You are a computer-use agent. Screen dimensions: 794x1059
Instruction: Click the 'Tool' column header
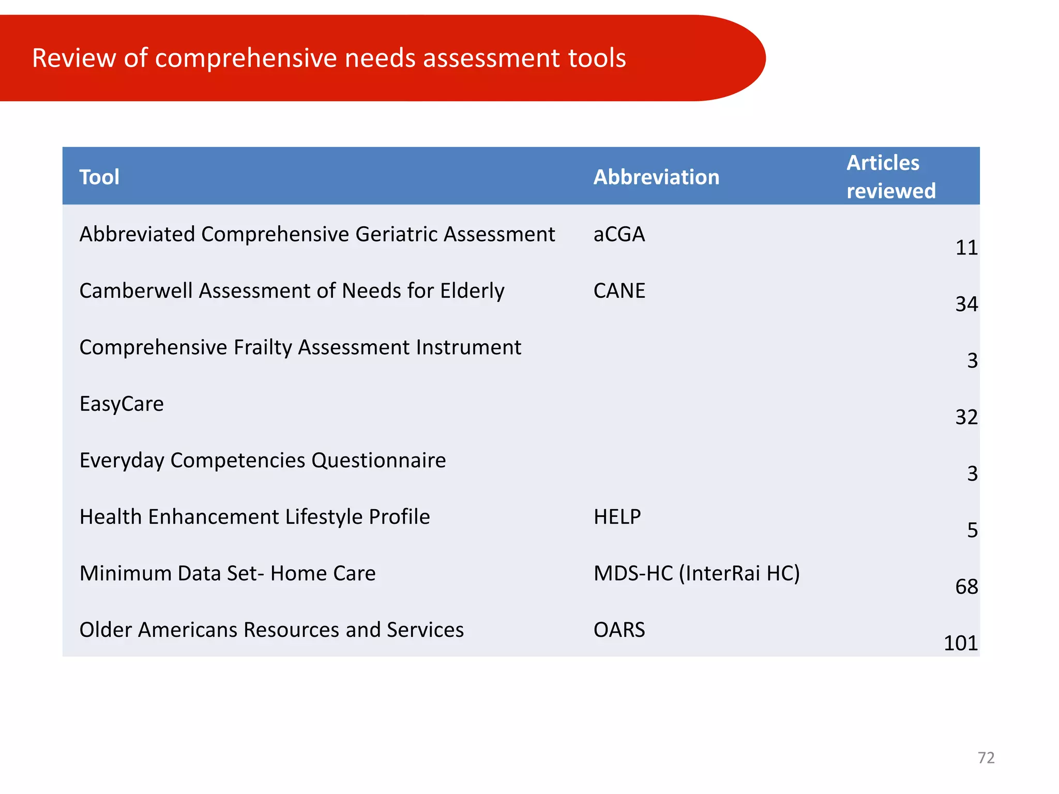point(99,177)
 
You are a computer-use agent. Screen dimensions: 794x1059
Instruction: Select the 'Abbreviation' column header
point(656,177)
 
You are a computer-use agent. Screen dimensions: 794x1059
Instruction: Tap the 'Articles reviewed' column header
point(890,177)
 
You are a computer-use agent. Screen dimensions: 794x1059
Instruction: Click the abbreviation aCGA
point(619,235)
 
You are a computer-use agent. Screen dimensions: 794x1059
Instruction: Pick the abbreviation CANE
point(619,291)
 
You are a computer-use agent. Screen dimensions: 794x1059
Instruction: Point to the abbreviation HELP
point(617,517)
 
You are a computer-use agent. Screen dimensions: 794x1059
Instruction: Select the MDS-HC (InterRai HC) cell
point(697,573)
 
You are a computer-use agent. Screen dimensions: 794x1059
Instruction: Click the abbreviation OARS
point(619,630)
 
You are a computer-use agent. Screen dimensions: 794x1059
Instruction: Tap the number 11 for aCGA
point(966,248)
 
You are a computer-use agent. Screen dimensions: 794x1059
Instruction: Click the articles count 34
point(966,304)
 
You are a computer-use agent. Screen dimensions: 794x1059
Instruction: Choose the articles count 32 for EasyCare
point(966,417)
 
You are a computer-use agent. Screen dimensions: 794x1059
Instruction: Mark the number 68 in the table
point(966,587)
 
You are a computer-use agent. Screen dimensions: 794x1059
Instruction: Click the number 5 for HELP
point(972,530)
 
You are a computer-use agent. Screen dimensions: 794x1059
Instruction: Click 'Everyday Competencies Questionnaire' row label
point(263,461)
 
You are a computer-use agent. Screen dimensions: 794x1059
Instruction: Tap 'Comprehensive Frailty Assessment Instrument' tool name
point(300,347)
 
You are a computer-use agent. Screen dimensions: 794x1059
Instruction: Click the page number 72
point(986,758)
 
